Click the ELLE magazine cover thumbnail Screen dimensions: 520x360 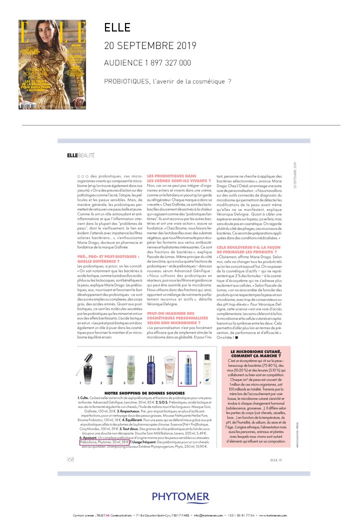click(52, 64)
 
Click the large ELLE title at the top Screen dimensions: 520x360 click(117, 28)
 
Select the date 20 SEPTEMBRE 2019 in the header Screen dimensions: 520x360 click(150, 46)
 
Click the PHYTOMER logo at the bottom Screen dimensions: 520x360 click(180, 496)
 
